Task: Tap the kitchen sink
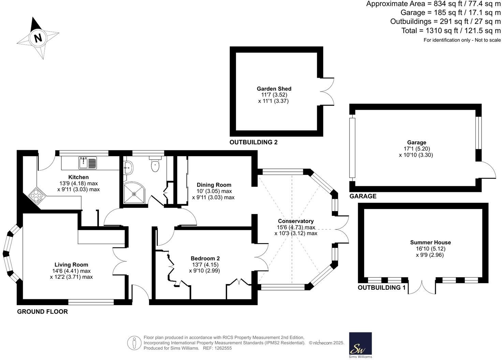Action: pyautogui.click(x=88, y=163)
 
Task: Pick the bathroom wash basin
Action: pyautogui.click(x=128, y=167)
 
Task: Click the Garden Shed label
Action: pyautogui.click(x=274, y=89)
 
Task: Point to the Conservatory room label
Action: pyautogui.click(x=296, y=221)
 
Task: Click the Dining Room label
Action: pyautogui.click(x=214, y=185)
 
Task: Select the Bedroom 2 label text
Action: pyautogui.click(x=205, y=258)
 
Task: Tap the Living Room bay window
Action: pyautogui.click(x=9, y=254)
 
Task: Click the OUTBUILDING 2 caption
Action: pyautogui.click(x=253, y=142)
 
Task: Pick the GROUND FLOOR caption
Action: pyautogui.click(x=42, y=311)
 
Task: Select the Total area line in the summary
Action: pyautogui.click(x=451, y=31)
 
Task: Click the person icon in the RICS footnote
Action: pyautogui.click(x=134, y=343)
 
